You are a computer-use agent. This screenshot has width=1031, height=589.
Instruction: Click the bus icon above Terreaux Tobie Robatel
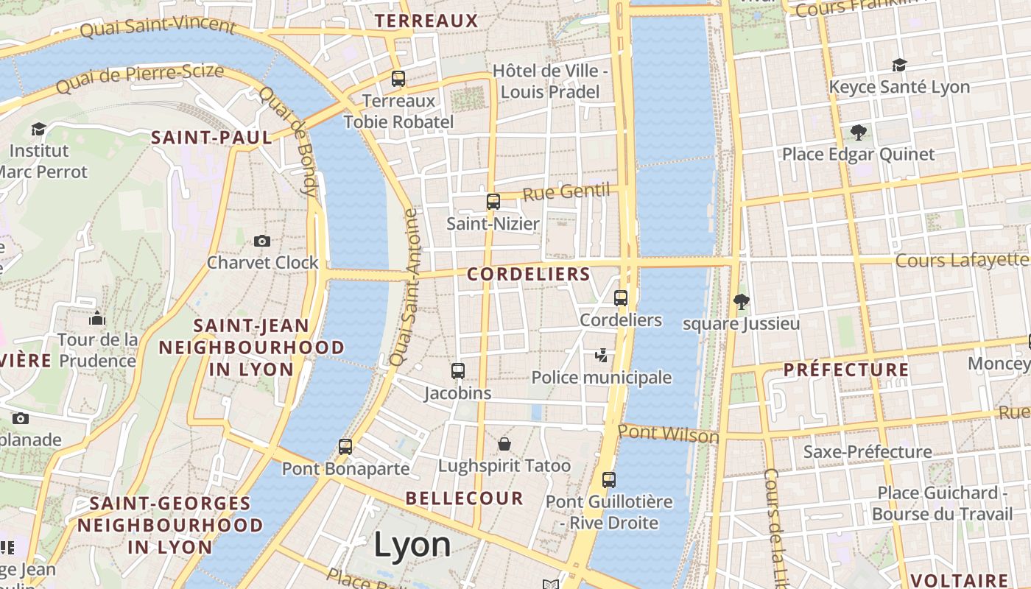point(398,78)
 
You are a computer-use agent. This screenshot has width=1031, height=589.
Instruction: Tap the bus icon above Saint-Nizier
point(493,201)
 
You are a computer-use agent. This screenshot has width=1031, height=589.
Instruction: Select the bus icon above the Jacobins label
point(458,370)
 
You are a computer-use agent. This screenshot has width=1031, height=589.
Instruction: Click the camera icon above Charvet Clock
point(261,241)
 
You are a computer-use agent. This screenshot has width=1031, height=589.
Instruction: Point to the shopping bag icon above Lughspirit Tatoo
point(504,443)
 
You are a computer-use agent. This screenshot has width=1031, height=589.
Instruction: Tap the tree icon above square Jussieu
point(741,301)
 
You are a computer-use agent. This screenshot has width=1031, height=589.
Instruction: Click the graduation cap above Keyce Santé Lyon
point(899,65)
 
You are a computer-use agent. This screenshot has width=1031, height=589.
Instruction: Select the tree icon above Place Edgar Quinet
point(858,133)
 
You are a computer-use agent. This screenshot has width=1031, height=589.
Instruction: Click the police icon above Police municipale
point(602,356)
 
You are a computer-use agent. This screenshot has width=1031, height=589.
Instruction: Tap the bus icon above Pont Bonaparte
point(345,446)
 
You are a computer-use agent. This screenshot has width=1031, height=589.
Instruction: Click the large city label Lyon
point(412,546)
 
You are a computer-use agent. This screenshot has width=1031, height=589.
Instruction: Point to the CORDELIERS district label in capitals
point(529,275)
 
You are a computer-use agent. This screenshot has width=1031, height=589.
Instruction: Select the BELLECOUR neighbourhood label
point(465,498)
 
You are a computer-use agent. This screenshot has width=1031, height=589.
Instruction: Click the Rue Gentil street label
point(566,193)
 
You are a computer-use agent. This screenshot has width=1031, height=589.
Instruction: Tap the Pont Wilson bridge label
point(669,434)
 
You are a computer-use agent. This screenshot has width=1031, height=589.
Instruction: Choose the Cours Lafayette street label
point(962,260)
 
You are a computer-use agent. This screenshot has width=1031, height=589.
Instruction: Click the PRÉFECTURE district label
point(846,370)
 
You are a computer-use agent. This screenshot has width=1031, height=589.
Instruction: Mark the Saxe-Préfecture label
point(868,451)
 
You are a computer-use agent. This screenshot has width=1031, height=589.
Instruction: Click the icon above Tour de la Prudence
point(97,318)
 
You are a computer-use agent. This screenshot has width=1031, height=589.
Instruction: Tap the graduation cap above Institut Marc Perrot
point(38,130)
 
